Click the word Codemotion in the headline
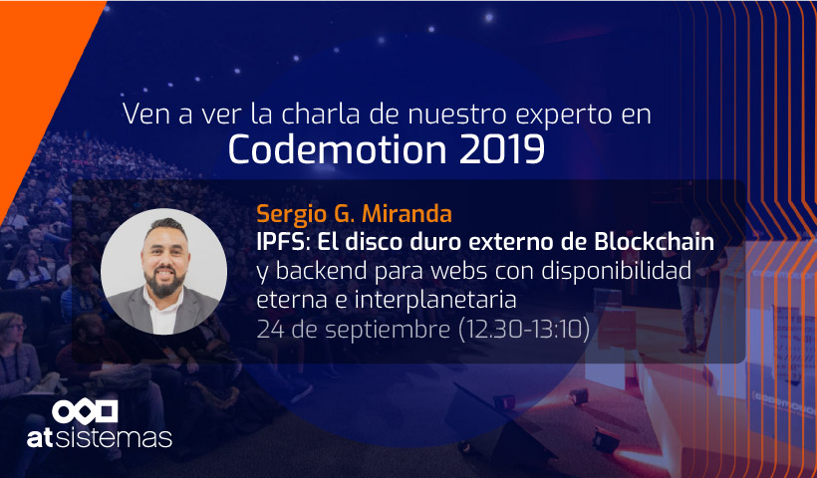pos(337,149)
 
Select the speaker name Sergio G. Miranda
pos(355,213)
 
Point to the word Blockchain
pos(655,242)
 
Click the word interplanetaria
pos(435,300)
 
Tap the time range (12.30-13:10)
pos(524,329)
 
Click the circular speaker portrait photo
pos(163,271)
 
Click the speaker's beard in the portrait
pos(163,282)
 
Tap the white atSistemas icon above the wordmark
pos(85,412)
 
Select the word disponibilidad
pos(617,271)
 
